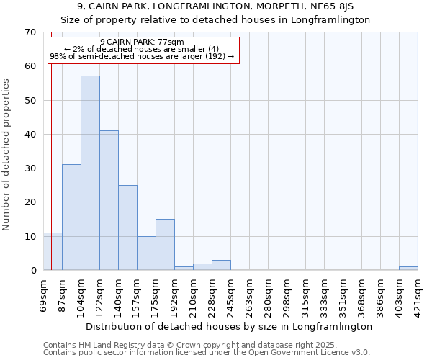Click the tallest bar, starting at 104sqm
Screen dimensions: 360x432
click(90, 173)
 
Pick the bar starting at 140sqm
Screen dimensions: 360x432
click(127, 228)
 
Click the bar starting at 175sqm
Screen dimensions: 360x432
click(165, 245)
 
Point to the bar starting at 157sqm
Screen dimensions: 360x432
click(146, 253)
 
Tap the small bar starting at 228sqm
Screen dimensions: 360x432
click(221, 265)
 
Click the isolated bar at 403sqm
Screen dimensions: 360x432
click(408, 269)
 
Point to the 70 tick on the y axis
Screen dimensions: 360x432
click(30, 32)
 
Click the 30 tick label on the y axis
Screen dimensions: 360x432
click(30, 168)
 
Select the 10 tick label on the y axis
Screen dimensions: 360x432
click(30, 236)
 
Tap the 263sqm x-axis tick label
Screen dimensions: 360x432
click(249, 297)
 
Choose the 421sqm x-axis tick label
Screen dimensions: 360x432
click(418, 297)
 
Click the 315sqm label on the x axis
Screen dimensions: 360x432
click(305, 297)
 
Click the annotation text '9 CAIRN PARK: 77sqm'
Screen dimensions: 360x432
click(142, 42)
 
